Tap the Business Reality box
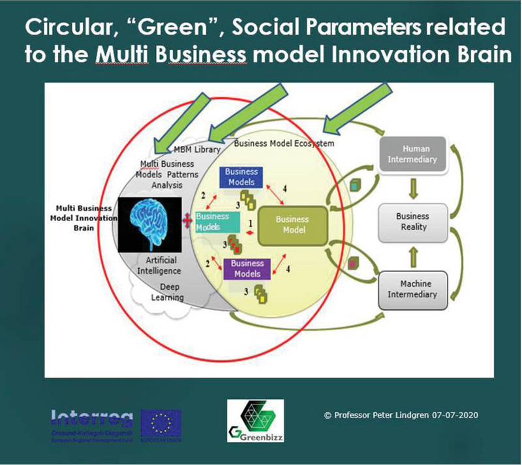[x=412, y=222]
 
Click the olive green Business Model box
[x=292, y=225]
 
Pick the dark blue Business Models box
[x=241, y=177]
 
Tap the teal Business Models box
[x=213, y=222]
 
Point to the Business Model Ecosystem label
[x=284, y=143]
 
